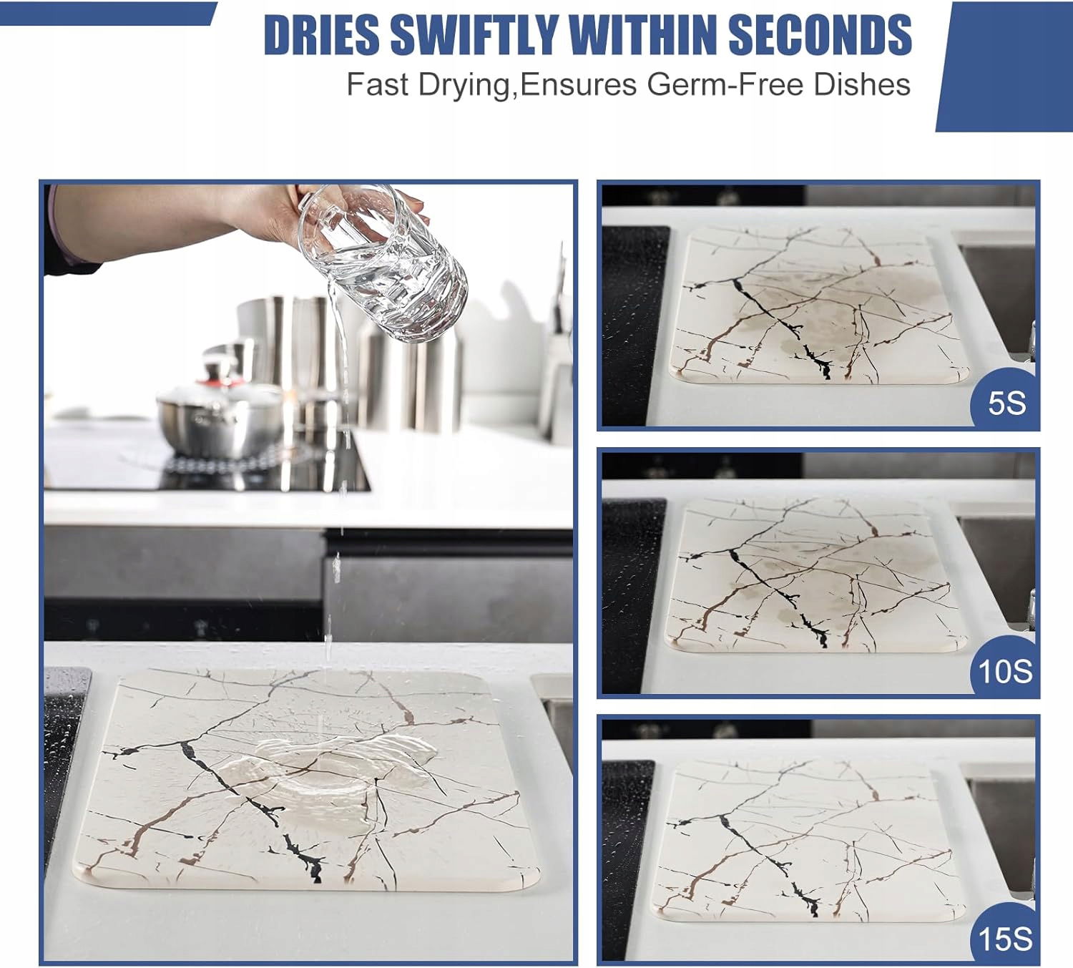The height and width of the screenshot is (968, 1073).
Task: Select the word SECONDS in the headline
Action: click(x=820, y=35)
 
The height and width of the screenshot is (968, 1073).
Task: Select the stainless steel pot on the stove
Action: click(x=220, y=413)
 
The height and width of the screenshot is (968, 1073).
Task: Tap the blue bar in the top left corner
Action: click(x=107, y=14)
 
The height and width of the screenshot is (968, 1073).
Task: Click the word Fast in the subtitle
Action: click(x=377, y=84)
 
